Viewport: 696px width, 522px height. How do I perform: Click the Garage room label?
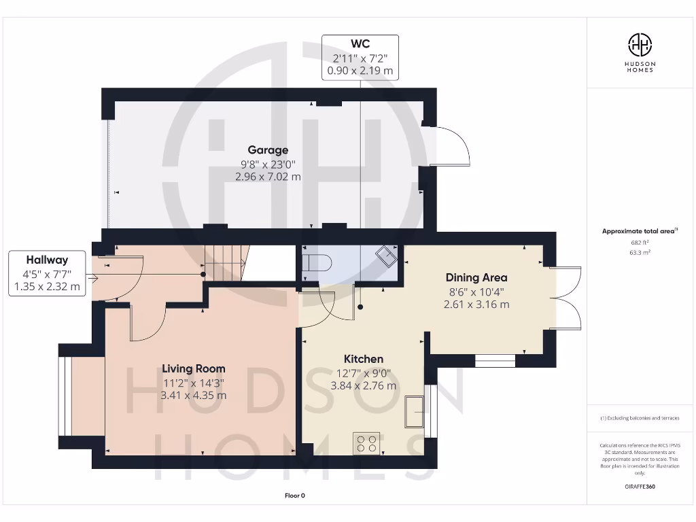[268, 150]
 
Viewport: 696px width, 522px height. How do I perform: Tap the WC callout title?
[360, 44]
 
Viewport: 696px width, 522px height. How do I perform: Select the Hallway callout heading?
[47, 260]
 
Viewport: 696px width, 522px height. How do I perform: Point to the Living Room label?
[194, 368]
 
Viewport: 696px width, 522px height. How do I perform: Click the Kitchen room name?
[363, 359]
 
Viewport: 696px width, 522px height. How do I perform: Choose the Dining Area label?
[476, 277]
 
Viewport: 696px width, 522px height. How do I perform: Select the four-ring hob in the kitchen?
[366, 443]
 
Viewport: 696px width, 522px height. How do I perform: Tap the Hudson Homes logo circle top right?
[639, 46]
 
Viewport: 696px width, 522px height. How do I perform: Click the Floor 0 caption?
[294, 495]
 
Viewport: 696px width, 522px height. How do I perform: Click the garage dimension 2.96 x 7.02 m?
[268, 177]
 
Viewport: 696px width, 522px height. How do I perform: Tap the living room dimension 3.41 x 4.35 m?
[194, 395]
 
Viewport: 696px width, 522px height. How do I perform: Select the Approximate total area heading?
[639, 231]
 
